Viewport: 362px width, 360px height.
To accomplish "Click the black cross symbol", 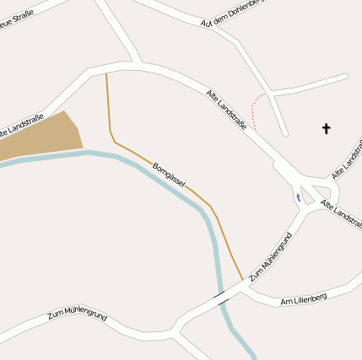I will (326, 128).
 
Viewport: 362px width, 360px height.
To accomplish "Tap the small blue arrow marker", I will (297, 197).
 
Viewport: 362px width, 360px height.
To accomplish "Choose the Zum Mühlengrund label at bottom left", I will (77, 314).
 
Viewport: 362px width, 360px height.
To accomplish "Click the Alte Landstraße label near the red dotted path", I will (227, 109).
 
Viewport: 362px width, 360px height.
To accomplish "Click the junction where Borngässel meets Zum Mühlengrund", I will (245, 282).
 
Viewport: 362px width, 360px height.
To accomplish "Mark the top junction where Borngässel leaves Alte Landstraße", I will (106, 69).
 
